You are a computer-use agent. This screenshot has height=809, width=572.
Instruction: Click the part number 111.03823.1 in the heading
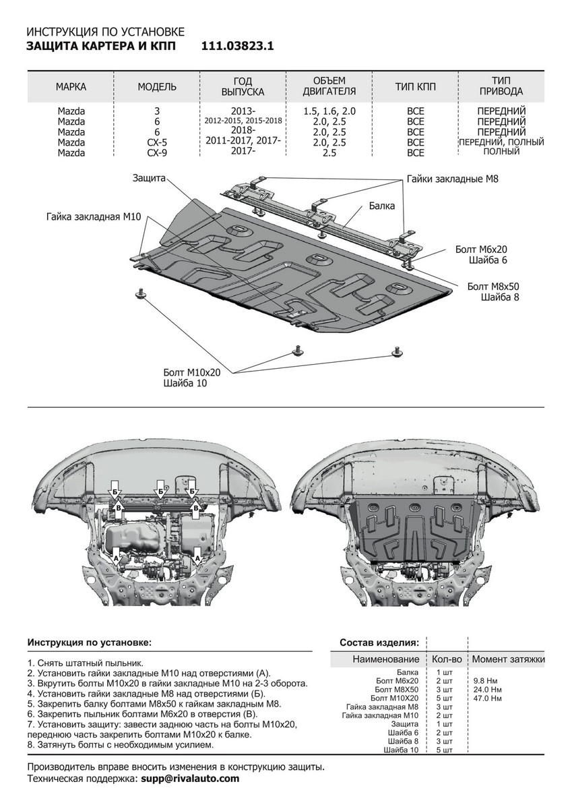[x=237, y=46]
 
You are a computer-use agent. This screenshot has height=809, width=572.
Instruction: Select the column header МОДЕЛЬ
[x=157, y=87]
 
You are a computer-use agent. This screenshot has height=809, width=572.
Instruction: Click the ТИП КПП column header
[x=415, y=87]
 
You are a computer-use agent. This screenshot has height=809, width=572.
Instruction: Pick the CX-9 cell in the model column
[x=157, y=153]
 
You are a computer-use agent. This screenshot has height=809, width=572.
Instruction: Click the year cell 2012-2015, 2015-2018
[x=243, y=121]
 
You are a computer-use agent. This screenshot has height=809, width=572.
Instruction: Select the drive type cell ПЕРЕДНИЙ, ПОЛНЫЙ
[x=500, y=142]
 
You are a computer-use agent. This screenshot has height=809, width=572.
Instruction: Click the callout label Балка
[x=381, y=206]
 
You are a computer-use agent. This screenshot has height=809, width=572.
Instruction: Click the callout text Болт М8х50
[x=493, y=287]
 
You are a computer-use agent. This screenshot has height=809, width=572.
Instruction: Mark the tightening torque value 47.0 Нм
[x=488, y=698]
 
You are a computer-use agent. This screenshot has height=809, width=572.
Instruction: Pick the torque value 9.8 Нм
[x=486, y=681]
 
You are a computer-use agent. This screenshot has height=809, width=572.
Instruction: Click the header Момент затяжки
[x=508, y=659]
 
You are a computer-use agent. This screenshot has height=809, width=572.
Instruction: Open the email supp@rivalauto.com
[x=190, y=778]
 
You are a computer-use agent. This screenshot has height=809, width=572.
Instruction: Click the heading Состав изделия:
[x=379, y=642]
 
